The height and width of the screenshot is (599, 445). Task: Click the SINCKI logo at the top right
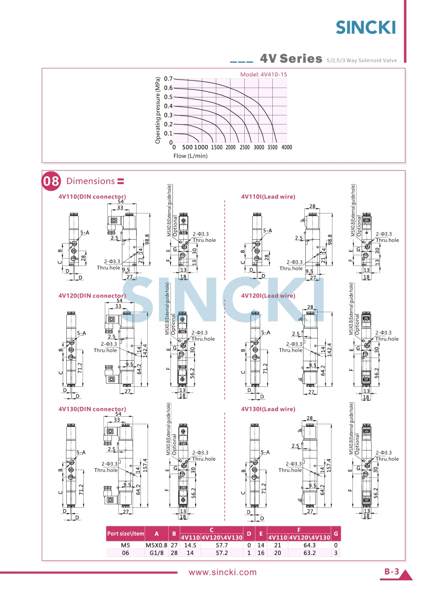coord(365,28)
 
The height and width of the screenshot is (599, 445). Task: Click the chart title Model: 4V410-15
coord(263,74)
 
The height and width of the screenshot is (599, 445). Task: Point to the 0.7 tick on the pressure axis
coord(168,79)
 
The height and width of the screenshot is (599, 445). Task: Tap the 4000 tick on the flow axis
coord(287,147)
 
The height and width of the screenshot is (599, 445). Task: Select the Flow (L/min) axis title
coord(190,156)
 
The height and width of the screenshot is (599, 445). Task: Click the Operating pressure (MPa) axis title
coord(158,110)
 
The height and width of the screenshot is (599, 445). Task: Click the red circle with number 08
coord(51,181)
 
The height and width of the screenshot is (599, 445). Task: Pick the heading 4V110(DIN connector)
coord(92,197)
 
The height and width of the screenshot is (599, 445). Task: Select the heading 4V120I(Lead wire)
coord(268,296)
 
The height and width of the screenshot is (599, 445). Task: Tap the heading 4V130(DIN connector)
coord(92,409)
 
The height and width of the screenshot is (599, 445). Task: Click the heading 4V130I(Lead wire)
coord(268,409)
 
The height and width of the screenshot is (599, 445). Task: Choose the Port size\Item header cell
coord(125,534)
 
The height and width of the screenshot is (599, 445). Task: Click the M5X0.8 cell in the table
coord(157,545)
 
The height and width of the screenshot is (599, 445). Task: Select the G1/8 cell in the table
coord(157,553)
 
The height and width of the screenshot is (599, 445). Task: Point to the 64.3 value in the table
coord(309,545)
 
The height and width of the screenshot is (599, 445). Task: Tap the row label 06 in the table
coord(125,553)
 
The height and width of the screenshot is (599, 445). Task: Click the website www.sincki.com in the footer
coord(222,572)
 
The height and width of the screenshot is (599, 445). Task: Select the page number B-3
coord(392,571)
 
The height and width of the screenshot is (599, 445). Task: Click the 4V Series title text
coord(291,59)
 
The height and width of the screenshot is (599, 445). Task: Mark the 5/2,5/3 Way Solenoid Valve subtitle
coord(362,60)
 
